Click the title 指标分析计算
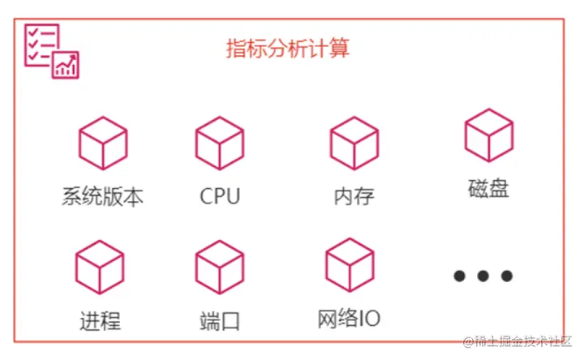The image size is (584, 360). [x=287, y=49]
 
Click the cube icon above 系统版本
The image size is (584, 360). [x=103, y=143]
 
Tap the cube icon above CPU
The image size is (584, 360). [x=220, y=143]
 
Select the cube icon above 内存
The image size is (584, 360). [x=354, y=143]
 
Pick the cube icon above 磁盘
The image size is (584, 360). [x=488, y=135]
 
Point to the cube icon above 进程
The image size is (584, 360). [x=100, y=268]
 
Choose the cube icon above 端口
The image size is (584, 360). [x=220, y=268]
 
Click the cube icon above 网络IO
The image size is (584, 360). [x=350, y=265]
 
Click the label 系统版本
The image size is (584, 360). [x=102, y=196]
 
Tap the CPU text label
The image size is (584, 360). [x=220, y=196]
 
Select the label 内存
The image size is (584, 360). [x=354, y=196]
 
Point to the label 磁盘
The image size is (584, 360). [x=488, y=188]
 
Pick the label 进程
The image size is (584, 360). [x=100, y=320]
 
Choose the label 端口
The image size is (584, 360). [x=220, y=320]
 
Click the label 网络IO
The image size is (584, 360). [x=350, y=318]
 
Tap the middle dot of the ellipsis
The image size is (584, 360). [x=483, y=276]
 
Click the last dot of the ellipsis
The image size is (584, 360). [x=507, y=276]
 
